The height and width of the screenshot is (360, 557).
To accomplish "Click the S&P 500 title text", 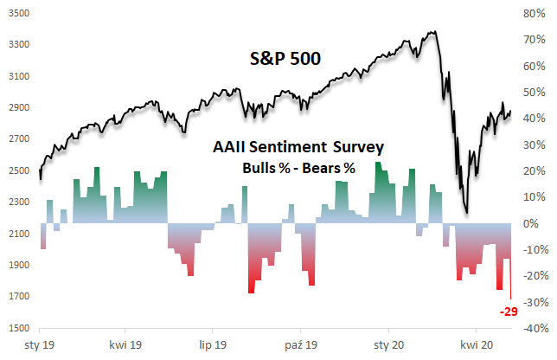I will point(279,60).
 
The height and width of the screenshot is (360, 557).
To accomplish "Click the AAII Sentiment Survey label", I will point(298,149).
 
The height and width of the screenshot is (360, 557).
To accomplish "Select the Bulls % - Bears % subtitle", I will point(298,168).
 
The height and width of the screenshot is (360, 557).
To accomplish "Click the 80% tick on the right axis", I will point(534,14).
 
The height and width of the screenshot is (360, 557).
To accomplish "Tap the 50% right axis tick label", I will point(534,93).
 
